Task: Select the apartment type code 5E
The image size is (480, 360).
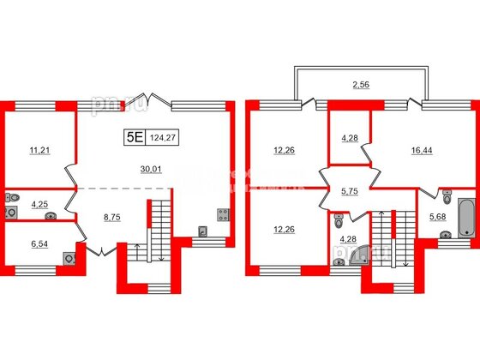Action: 133,134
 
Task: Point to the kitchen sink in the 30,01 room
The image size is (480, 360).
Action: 202,231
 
